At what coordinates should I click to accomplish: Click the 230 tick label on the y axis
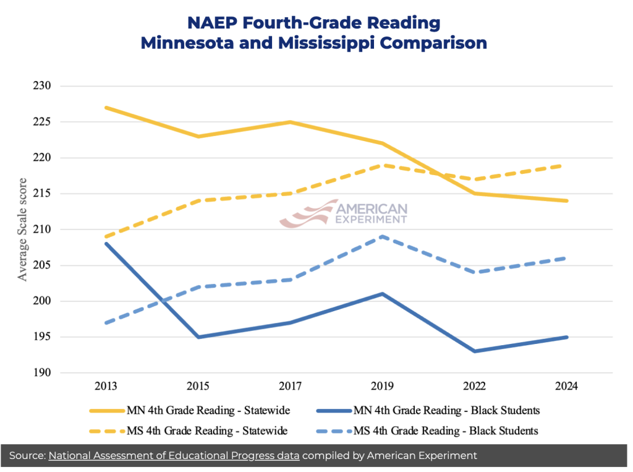[42, 85]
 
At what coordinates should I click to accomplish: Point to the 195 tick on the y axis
[42, 337]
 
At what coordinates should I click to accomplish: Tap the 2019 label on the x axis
[382, 386]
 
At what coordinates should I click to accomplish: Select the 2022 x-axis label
[474, 386]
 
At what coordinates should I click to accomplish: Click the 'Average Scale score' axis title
[22, 230]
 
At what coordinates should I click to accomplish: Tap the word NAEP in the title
[212, 23]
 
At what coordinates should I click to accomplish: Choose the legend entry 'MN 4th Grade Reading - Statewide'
[190, 411]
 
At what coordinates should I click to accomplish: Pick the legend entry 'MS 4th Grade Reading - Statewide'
[189, 431]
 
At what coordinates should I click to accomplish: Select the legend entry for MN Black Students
[428, 411]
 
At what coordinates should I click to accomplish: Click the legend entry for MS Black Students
[427, 431]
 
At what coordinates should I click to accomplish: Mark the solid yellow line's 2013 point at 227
[106, 108]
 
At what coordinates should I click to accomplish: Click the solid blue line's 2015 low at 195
[198, 337]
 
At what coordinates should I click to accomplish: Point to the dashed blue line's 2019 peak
[382, 236]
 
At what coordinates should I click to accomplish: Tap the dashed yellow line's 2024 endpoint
[566, 165]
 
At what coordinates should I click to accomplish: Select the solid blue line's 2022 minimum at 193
[474, 351]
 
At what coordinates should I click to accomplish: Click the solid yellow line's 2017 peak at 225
[291, 122]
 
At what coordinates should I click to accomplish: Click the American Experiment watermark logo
[344, 213]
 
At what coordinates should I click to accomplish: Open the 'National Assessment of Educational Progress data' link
[174, 456]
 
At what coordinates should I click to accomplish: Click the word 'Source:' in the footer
[27, 456]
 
